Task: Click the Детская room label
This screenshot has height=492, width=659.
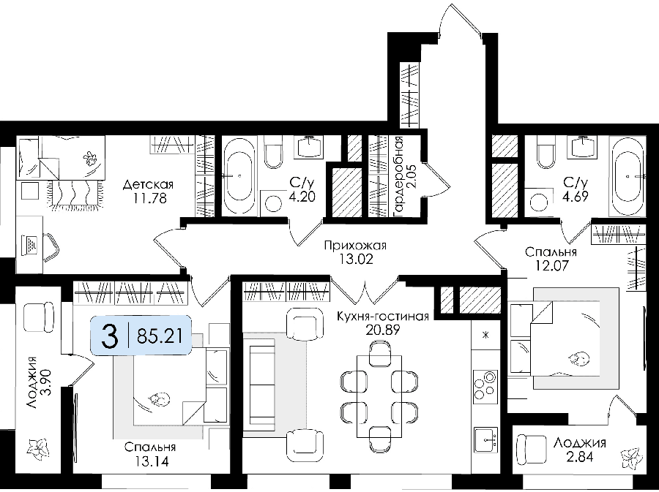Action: click(148, 184)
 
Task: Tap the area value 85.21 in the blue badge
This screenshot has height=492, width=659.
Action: click(160, 336)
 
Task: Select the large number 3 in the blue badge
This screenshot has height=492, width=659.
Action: click(110, 336)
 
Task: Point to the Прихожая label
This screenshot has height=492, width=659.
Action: click(355, 246)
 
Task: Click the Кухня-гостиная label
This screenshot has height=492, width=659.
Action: click(383, 317)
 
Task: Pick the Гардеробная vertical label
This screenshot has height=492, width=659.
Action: click(398, 177)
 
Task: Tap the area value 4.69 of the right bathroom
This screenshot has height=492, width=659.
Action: click(576, 196)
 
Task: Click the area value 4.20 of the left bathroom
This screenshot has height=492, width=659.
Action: click(302, 196)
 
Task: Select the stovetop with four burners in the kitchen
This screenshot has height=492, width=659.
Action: click(485, 386)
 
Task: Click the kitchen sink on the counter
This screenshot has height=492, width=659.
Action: click(486, 440)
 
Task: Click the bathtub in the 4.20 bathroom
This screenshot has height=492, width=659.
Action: click(238, 175)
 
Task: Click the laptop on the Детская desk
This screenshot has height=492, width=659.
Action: click(31, 244)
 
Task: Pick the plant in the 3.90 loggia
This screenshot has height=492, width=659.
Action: click(38, 448)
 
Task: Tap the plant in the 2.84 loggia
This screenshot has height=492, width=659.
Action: click(632, 458)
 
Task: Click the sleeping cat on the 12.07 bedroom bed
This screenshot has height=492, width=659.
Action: click(578, 359)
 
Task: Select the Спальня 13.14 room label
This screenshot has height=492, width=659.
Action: click(150, 454)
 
